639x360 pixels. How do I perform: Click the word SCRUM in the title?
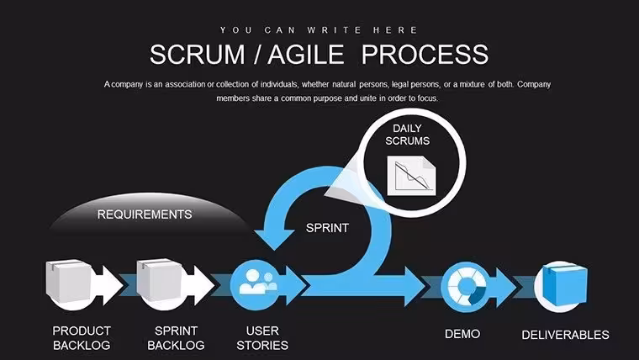click(198, 55)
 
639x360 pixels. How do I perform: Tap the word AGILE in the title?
click(306, 55)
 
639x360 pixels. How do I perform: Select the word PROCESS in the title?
click(425, 55)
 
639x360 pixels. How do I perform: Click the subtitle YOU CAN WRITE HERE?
click(319, 30)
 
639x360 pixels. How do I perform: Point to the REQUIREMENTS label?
click(145, 214)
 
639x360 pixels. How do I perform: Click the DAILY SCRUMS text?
click(408, 135)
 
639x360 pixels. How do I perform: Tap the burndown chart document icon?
click(411, 175)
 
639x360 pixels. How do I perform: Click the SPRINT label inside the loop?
click(327, 228)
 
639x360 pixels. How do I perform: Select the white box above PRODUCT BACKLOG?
click(68, 282)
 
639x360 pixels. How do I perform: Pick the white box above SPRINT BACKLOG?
click(160, 281)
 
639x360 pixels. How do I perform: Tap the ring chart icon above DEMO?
click(466, 286)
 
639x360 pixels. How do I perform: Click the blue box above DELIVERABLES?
click(566, 284)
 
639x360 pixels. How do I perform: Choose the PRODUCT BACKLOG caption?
click(82, 338)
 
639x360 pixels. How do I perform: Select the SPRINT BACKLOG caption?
click(176, 338)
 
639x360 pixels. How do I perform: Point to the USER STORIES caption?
click(262, 338)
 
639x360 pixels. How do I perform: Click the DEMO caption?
click(462, 334)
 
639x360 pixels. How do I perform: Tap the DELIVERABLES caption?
click(566, 335)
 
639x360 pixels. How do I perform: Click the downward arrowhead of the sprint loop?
click(275, 239)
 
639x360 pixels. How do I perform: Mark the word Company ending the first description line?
click(534, 84)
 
